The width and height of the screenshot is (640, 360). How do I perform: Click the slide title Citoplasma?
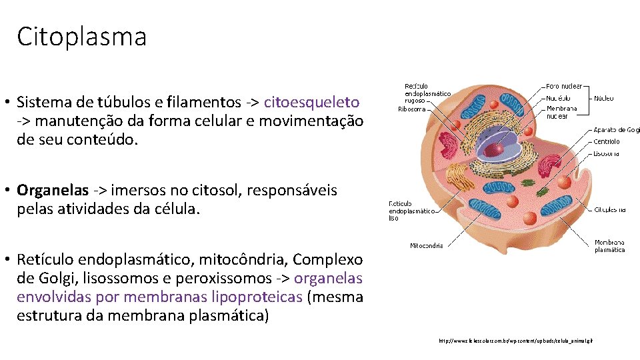click(81, 37)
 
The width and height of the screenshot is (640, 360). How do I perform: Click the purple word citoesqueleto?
click(311, 102)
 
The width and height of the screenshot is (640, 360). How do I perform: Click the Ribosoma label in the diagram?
click(411, 109)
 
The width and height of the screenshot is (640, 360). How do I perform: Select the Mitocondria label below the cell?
click(426, 245)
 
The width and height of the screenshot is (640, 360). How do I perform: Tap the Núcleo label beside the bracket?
click(604, 98)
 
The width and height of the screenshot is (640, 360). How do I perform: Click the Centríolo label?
click(607, 141)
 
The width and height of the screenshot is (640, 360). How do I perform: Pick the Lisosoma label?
click(607, 153)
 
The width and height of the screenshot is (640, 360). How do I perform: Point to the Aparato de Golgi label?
click(617, 130)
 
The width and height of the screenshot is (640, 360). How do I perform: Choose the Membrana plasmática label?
click(609, 245)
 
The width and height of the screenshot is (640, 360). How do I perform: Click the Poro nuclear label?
click(564, 86)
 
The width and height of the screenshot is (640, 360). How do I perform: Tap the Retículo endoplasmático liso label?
click(411, 211)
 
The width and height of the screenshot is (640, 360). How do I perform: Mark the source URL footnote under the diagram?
click(515, 341)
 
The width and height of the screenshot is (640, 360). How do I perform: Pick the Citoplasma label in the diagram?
click(609, 209)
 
